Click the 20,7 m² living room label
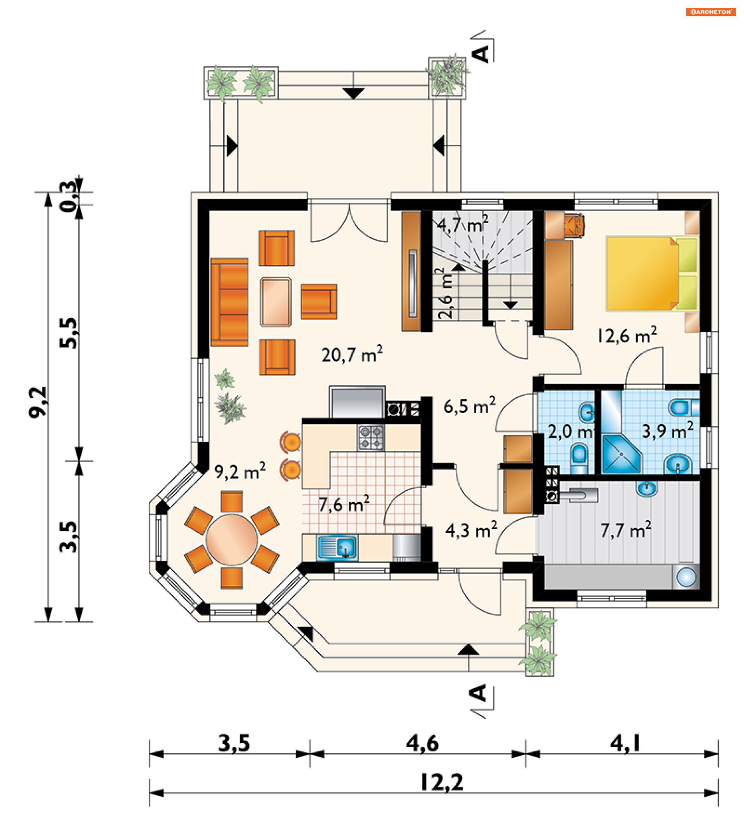point(352,354)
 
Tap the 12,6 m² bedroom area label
point(627,335)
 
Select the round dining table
point(232,540)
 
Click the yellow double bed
point(652,274)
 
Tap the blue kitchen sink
point(337,548)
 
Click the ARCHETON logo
point(711,12)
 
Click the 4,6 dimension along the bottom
point(422,743)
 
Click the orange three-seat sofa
point(230,302)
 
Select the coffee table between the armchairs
point(276,302)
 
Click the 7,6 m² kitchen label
point(344,504)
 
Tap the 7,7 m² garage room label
point(626,530)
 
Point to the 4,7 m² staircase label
point(463,224)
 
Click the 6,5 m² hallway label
point(470,406)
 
